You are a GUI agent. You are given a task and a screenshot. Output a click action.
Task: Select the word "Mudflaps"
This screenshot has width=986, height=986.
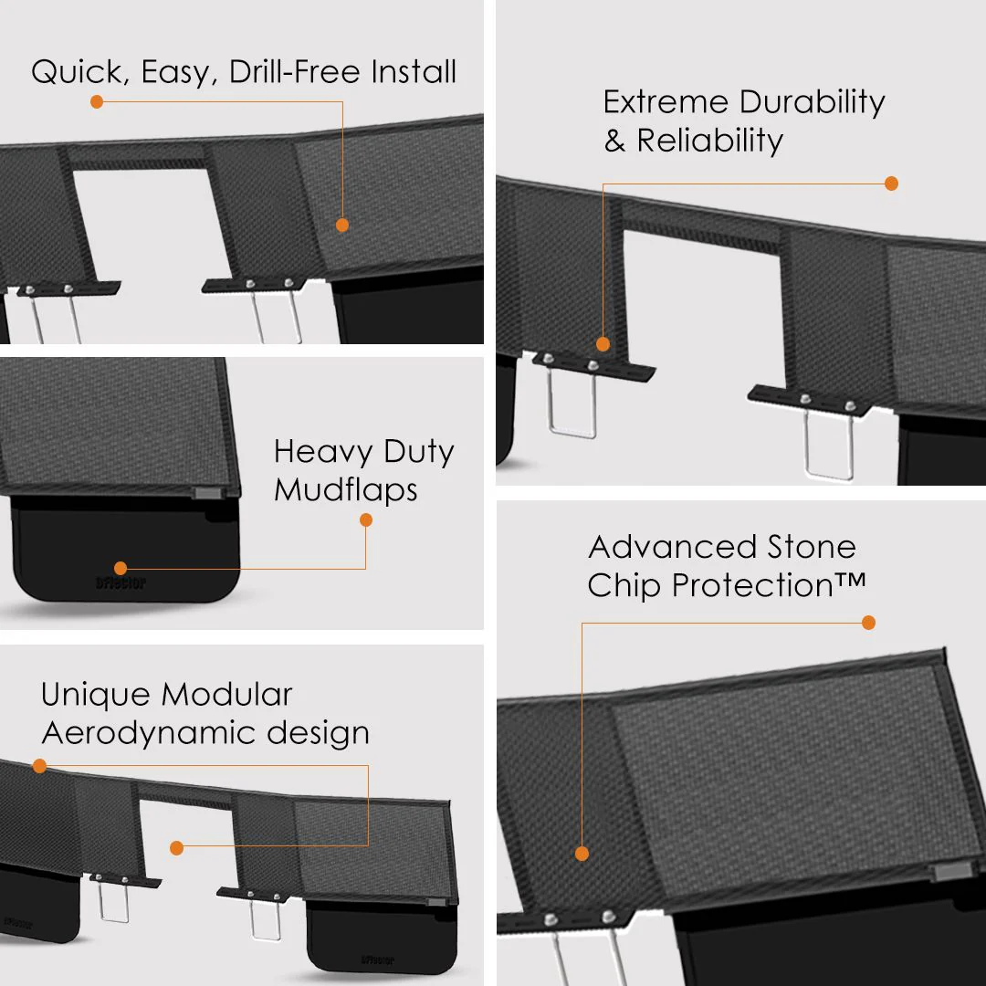[346, 489]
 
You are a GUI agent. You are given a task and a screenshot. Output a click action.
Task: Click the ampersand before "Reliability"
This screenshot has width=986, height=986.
[614, 142]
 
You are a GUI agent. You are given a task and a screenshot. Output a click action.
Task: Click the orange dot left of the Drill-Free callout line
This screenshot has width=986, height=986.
[97, 101]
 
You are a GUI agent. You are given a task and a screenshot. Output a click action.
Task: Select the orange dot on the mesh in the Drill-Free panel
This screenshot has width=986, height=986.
[342, 225]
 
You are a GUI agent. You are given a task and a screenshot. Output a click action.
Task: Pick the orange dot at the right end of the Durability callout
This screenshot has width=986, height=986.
[891, 184]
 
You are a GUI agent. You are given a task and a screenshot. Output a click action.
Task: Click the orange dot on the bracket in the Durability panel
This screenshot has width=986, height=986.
[603, 344]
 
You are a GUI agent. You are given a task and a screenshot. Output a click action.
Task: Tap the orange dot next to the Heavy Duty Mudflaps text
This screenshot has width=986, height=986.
[366, 520]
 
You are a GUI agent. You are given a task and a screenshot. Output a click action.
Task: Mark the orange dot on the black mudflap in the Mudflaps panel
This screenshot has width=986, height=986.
[121, 568]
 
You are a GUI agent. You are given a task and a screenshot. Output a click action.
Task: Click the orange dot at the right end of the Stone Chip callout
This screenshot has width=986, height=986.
[868, 623]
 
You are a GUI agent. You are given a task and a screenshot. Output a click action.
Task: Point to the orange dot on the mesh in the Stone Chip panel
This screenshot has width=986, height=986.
[582, 854]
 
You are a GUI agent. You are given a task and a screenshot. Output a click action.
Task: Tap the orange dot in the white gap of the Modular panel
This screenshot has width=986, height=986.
[177, 848]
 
